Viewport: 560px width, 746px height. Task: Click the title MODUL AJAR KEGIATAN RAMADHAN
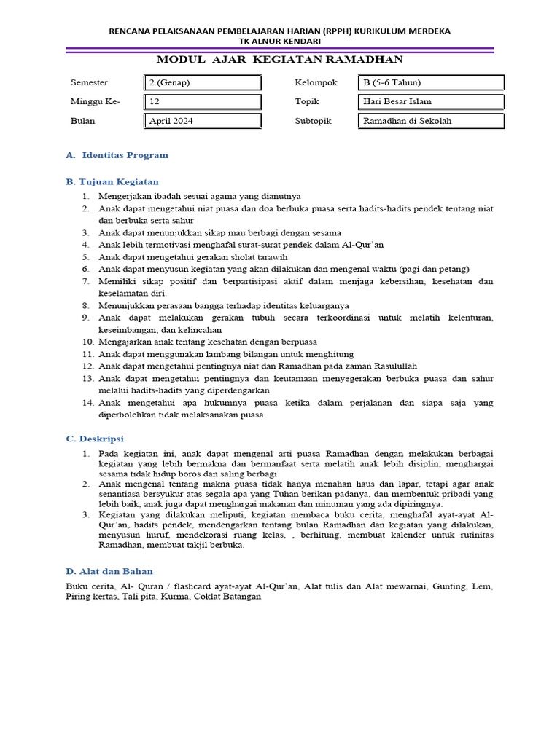(x=280, y=60)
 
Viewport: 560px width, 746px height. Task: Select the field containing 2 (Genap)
(x=203, y=82)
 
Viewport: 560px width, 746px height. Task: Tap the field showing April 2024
(x=203, y=121)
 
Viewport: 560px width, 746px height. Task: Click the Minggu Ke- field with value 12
(x=203, y=102)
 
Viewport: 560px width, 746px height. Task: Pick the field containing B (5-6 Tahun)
(x=432, y=82)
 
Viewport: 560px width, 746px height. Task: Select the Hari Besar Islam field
(x=432, y=102)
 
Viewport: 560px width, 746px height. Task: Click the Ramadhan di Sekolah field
(x=432, y=121)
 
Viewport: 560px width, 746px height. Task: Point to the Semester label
(x=89, y=82)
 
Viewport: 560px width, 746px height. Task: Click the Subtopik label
(x=313, y=121)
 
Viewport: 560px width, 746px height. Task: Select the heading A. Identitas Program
(x=117, y=155)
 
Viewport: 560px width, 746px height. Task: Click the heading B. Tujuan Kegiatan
(x=112, y=181)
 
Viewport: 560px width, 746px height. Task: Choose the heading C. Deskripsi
(x=95, y=439)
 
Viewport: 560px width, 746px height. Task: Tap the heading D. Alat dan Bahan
(x=109, y=571)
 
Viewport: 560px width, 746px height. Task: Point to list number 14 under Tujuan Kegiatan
(x=87, y=402)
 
